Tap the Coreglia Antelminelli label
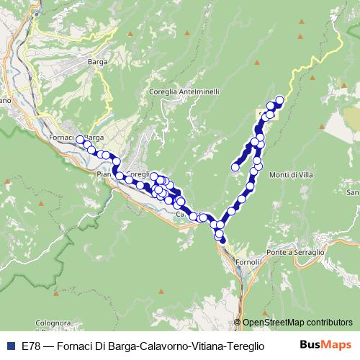(184, 91)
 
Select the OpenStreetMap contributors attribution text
(297, 323)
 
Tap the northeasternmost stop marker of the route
(279, 100)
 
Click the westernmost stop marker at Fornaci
(80, 140)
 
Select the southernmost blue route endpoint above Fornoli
(223, 240)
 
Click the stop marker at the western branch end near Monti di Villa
(235, 168)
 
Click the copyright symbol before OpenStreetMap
(238, 323)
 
